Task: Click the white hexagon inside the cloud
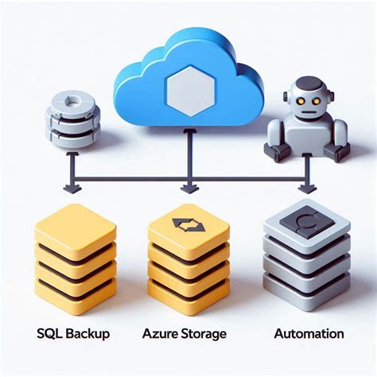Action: tap(188, 86)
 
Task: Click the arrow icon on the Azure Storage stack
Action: tap(189, 227)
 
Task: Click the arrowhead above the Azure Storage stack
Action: tap(188, 189)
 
